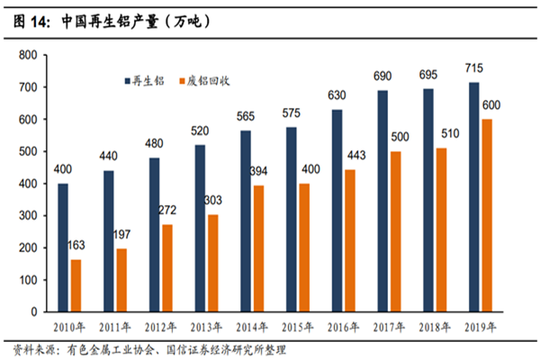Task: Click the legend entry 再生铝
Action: tap(149, 78)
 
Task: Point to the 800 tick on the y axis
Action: tap(27, 56)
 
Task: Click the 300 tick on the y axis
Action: tap(27, 216)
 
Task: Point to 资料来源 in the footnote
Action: tap(31, 349)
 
